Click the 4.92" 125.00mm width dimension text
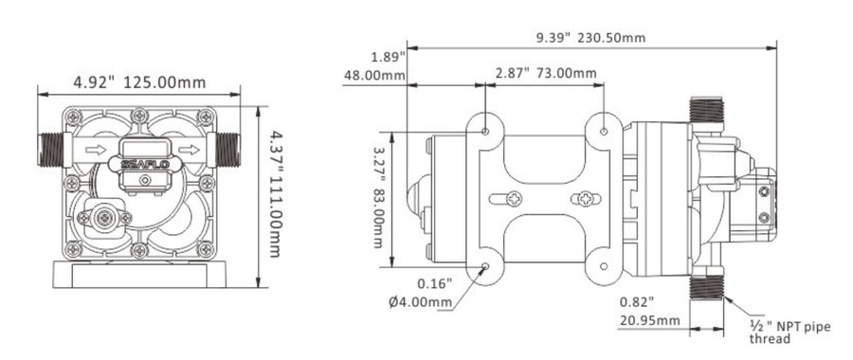(x=140, y=82)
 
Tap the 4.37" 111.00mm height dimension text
(x=275, y=193)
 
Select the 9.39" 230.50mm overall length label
(x=590, y=38)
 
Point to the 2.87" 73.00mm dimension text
(x=546, y=73)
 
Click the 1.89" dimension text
(x=389, y=57)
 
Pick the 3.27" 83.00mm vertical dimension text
(x=378, y=197)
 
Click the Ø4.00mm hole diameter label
(x=421, y=302)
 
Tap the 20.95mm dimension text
(x=649, y=320)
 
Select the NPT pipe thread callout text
(x=789, y=333)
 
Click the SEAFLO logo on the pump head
(x=140, y=164)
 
